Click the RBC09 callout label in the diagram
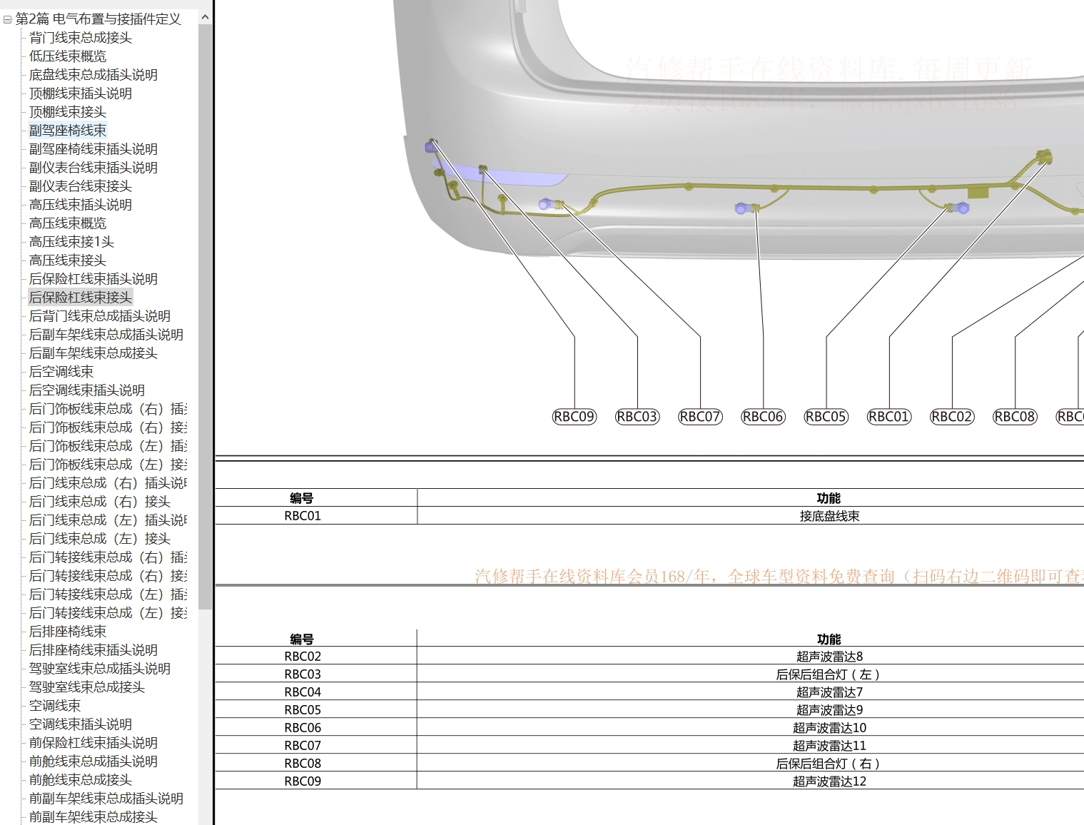[x=574, y=417]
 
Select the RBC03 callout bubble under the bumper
[x=637, y=417]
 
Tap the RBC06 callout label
[x=763, y=417]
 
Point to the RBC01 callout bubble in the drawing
[x=888, y=417]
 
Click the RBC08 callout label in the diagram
[x=1014, y=417]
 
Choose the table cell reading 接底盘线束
[x=829, y=516]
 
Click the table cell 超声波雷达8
[x=829, y=657]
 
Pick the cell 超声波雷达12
[x=829, y=781]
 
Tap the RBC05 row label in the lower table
[x=303, y=710]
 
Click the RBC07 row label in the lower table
[x=303, y=746]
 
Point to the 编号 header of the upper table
[x=302, y=498]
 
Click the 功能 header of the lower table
[x=829, y=639]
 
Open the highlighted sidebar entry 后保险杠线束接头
[x=80, y=298]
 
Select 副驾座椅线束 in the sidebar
[x=68, y=131]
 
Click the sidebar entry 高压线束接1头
[x=71, y=242]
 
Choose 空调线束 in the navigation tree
[x=55, y=706]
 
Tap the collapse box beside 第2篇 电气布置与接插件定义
[x=7, y=20]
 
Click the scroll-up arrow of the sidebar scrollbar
[x=205, y=17]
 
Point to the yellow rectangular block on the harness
[x=977, y=193]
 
